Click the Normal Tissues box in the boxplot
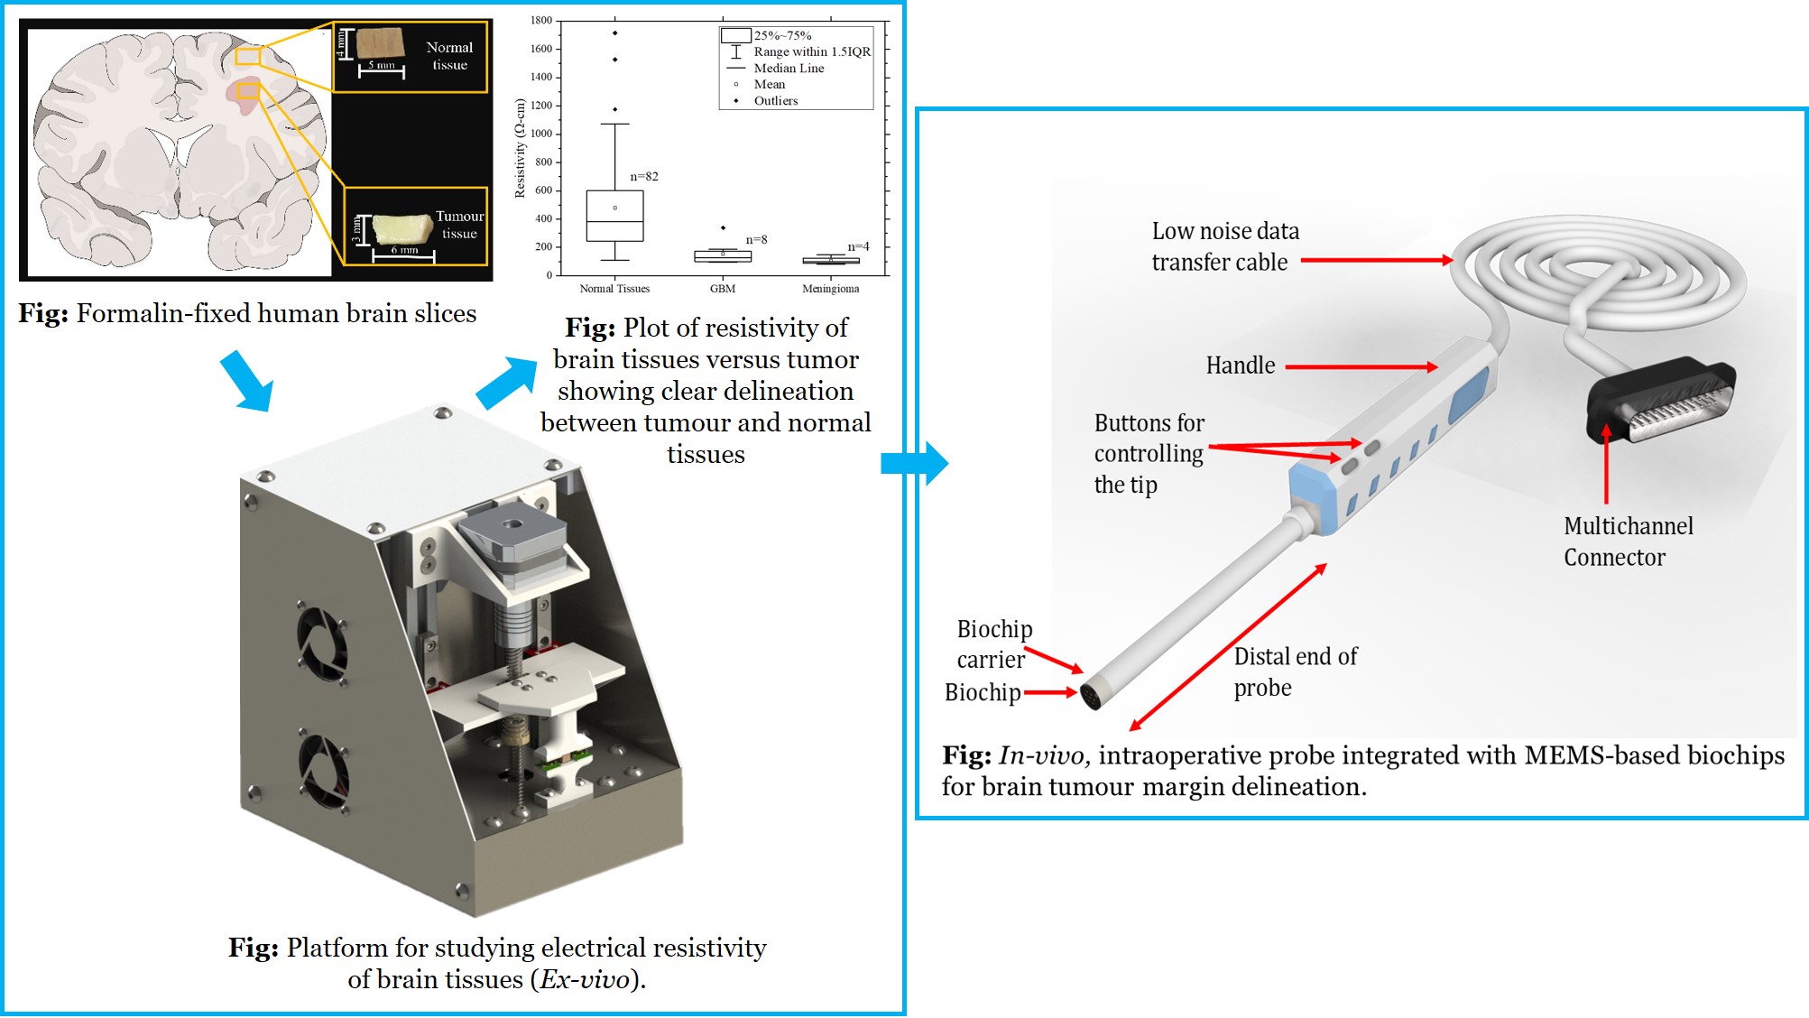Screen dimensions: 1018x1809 click(x=614, y=217)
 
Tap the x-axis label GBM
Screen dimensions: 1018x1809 click(x=723, y=289)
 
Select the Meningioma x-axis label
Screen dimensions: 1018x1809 click(x=830, y=289)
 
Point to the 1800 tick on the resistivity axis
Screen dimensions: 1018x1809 click(x=541, y=20)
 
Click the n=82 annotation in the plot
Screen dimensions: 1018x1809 click(x=644, y=177)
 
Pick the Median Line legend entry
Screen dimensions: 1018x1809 click(x=789, y=69)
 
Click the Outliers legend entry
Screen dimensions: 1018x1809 click(x=776, y=101)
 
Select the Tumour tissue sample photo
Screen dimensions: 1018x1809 click(x=402, y=227)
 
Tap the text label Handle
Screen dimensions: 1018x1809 click(x=1241, y=366)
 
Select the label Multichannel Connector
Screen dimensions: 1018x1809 click(x=1628, y=541)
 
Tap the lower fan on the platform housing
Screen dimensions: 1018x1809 click(x=323, y=770)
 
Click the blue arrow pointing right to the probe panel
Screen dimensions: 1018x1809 click(x=914, y=463)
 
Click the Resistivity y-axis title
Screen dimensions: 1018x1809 click(x=520, y=148)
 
